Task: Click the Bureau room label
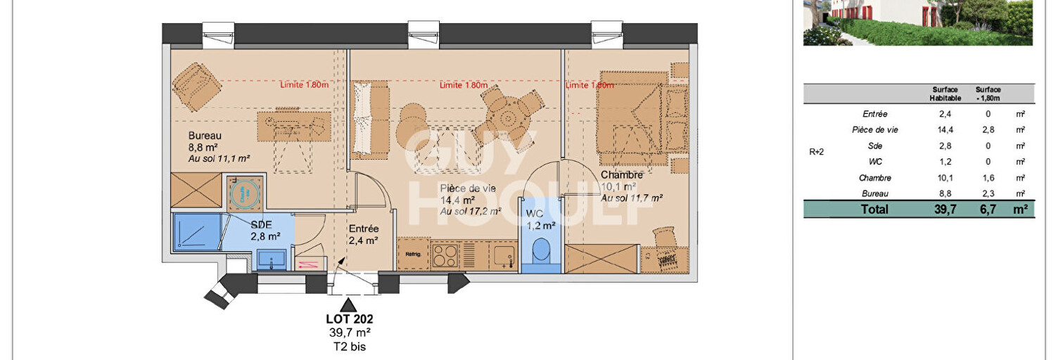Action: pyautogui.click(x=205, y=136)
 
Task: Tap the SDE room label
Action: pyautogui.click(x=262, y=224)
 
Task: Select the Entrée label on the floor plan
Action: pyautogui.click(x=364, y=229)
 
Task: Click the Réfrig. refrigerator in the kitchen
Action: pyautogui.click(x=413, y=255)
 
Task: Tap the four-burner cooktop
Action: pyautogui.click(x=445, y=255)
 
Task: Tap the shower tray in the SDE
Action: pyautogui.click(x=197, y=232)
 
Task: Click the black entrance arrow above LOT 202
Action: pyautogui.click(x=348, y=305)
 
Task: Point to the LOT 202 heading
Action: pyautogui.click(x=349, y=319)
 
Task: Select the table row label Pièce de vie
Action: pyautogui.click(x=875, y=130)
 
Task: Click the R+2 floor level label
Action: pyautogui.click(x=817, y=152)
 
